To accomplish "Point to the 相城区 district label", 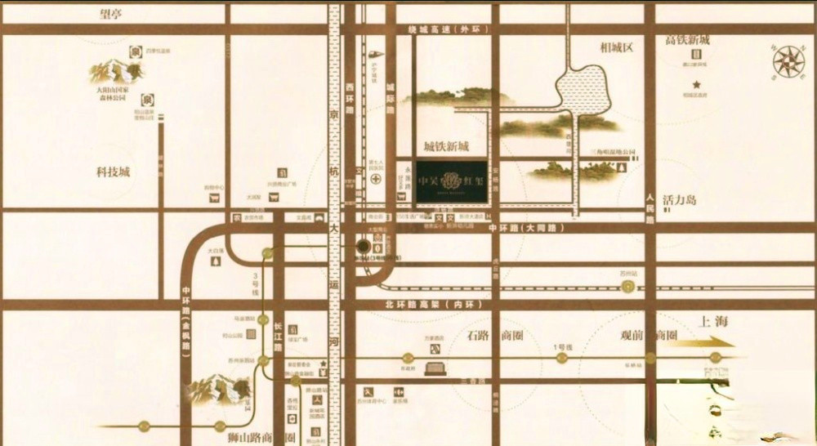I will [x=616, y=47].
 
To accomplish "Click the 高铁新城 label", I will [x=687, y=40].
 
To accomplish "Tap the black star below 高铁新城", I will [x=697, y=84].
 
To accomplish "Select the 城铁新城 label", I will [x=446, y=147].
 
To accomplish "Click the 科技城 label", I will [x=114, y=172].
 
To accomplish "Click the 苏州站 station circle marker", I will [x=627, y=287].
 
